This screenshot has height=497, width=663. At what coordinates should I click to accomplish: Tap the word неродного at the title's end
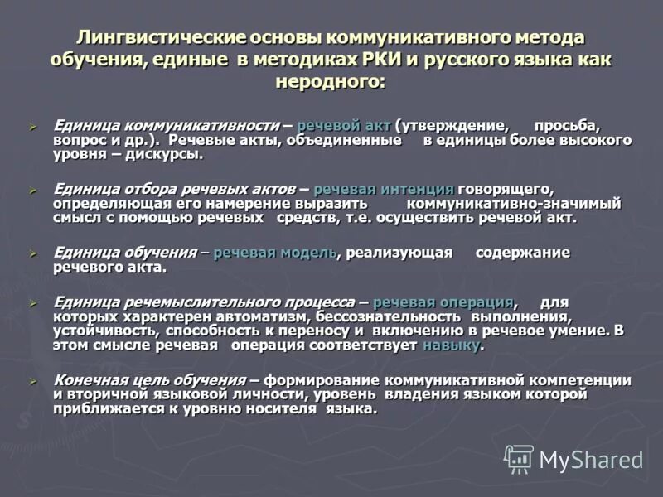(331, 82)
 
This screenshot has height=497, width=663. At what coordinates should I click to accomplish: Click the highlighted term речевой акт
(343, 125)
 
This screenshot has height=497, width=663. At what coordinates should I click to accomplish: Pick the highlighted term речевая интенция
(383, 189)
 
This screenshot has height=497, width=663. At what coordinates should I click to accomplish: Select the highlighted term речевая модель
(275, 253)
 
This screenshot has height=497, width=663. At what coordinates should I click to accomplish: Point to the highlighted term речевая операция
(444, 302)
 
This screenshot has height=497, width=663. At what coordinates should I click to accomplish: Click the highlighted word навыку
(451, 345)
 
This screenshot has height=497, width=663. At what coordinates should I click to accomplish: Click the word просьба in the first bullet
(566, 125)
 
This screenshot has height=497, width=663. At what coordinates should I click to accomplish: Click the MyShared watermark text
(590, 460)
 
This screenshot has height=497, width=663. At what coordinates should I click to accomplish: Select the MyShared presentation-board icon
(519, 459)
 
